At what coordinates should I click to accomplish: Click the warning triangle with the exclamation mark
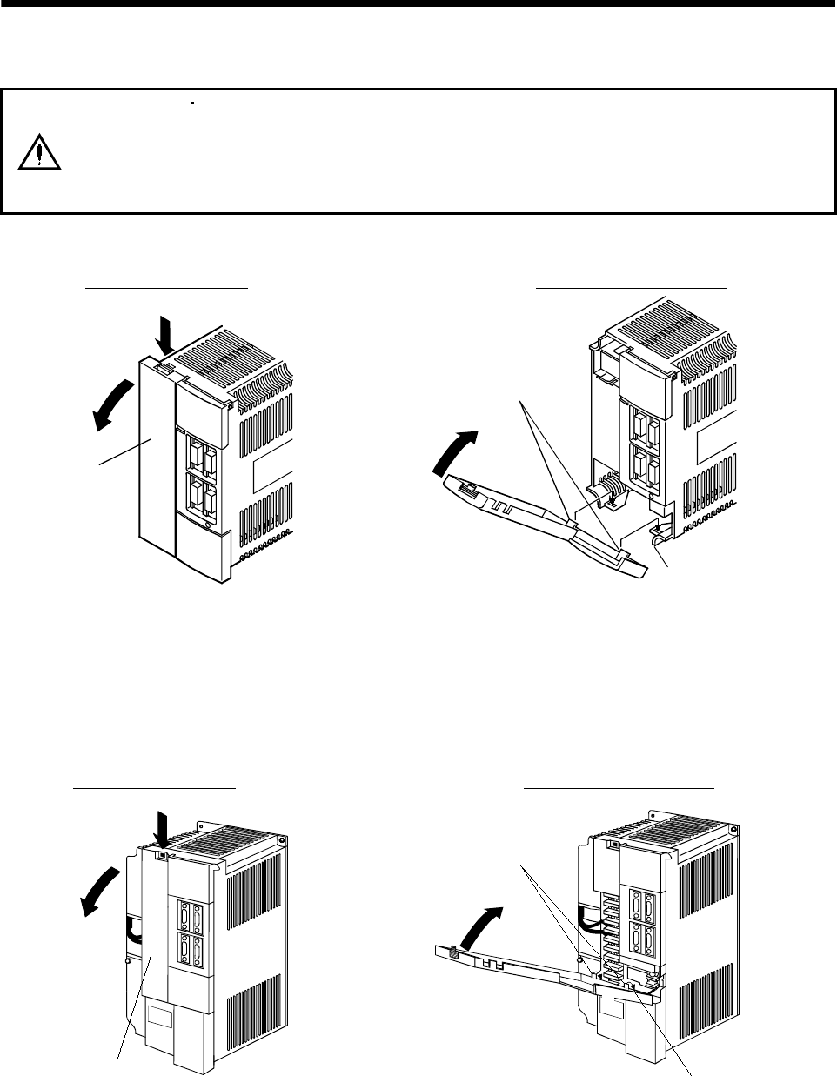click(x=38, y=152)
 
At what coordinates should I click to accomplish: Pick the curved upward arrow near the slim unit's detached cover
click(x=456, y=451)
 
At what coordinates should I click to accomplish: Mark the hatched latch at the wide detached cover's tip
click(x=453, y=951)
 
